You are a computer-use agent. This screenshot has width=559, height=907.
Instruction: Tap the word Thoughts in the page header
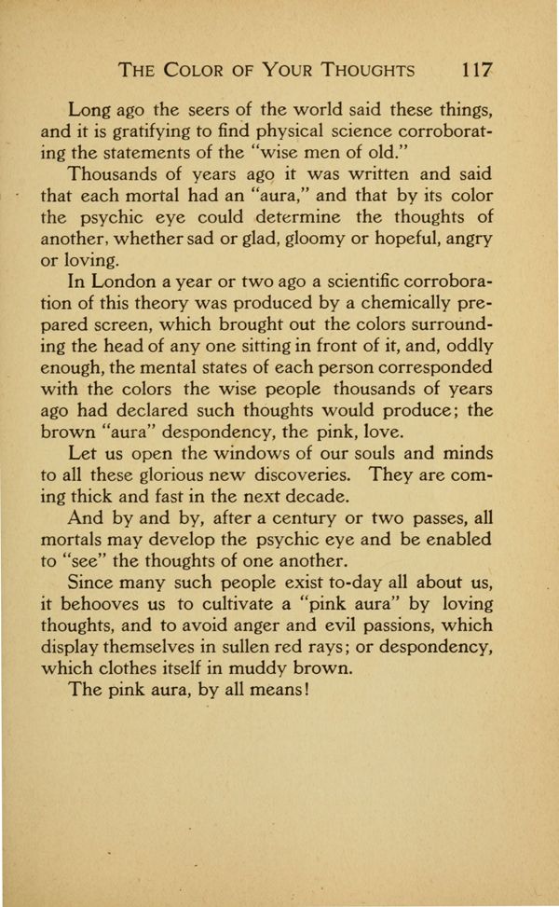[x=366, y=70]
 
